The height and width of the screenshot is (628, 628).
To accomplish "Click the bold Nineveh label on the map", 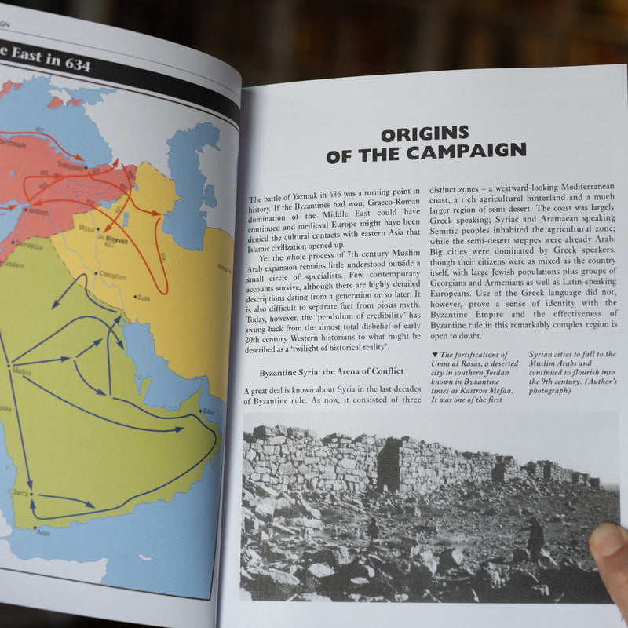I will pyautogui.click(x=115, y=236).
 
